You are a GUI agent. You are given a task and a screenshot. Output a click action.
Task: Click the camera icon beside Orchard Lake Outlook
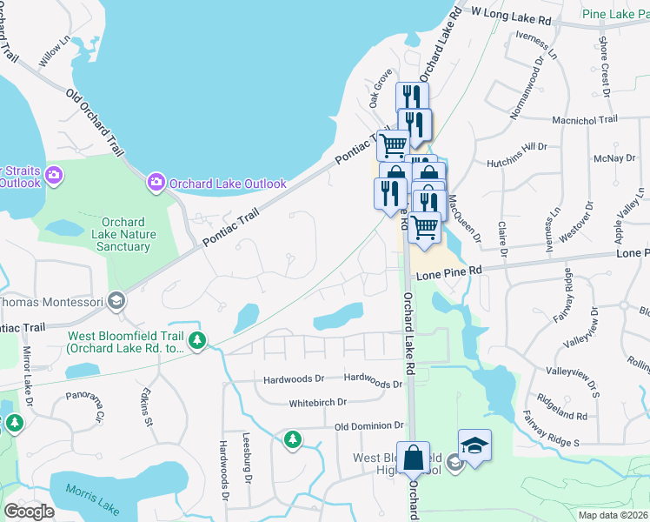coord(156,183)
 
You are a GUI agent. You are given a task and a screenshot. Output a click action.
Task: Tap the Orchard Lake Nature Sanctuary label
coord(123,235)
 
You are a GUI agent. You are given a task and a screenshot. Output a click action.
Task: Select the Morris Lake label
coord(84,493)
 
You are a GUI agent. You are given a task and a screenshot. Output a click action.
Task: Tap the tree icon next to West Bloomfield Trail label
coord(199,339)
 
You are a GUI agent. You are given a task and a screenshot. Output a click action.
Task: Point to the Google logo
coord(29,512)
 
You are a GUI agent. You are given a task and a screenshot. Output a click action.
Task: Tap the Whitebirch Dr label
coord(317,402)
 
